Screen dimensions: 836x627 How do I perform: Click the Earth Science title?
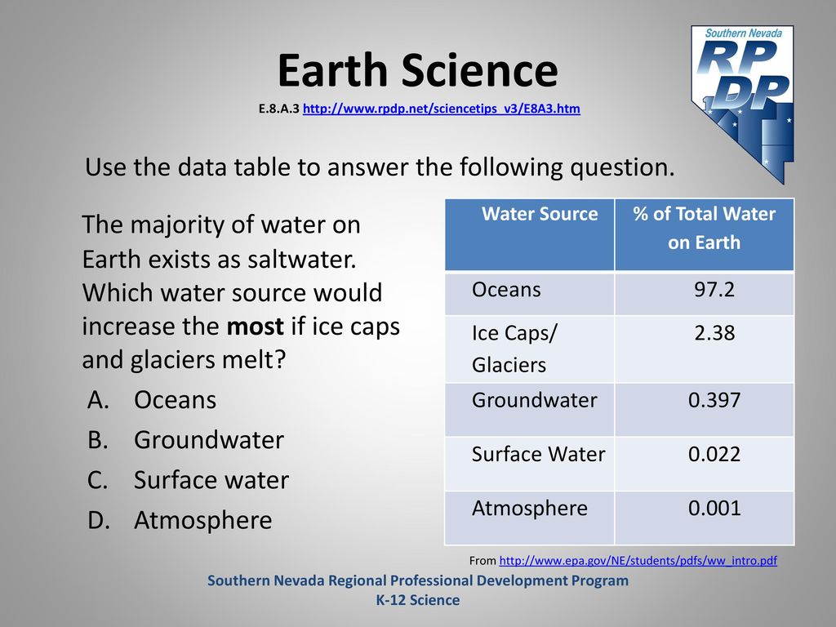click(417, 70)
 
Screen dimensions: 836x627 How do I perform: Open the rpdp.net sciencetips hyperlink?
click(442, 109)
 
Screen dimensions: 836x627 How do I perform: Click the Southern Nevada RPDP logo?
click(742, 104)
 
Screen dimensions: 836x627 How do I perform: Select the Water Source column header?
click(540, 214)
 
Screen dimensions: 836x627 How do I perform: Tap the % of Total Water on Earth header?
click(704, 229)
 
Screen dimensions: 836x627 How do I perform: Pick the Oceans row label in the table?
click(506, 290)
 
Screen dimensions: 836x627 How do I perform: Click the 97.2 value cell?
click(714, 290)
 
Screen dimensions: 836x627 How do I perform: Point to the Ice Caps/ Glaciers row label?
click(514, 349)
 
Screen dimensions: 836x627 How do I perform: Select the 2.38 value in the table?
click(714, 333)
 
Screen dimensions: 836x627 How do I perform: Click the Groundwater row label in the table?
click(534, 400)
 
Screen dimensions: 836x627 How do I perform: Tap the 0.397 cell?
click(714, 400)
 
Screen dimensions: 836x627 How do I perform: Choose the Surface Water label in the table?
click(539, 454)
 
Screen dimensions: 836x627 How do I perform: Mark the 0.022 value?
click(714, 454)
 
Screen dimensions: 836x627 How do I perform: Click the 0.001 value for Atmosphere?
click(714, 508)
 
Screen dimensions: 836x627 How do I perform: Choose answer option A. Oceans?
click(152, 400)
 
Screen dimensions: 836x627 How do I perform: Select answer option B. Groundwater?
click(185, 440)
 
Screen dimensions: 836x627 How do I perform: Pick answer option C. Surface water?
click(189, 480)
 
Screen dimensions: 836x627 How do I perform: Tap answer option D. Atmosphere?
click(180, 520)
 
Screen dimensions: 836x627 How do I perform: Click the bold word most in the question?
click(255, 327)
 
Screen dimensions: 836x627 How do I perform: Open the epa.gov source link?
click(638, 561)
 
